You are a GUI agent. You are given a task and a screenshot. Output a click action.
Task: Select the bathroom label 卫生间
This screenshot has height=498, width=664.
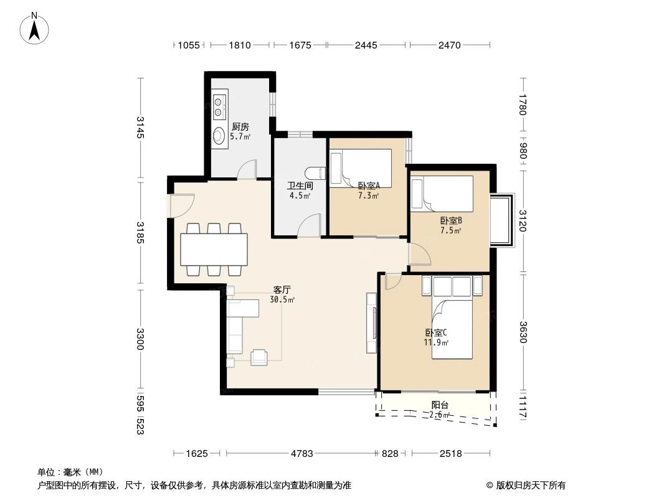tap(299, 186)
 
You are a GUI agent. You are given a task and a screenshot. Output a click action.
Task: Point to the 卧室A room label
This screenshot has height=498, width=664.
tap(369, 185)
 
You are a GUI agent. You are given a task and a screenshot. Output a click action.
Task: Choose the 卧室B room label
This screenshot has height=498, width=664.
tap(450, 220)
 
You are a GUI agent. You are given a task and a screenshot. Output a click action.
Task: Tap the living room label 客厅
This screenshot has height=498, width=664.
tap(282, 289)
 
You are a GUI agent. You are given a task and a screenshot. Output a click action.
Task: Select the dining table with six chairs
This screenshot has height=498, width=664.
tap(214, 248)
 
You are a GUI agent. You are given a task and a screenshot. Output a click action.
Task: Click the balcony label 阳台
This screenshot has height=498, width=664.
tap(440, 405)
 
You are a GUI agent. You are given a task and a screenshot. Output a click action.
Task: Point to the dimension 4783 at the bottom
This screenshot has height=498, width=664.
tap(302, 454)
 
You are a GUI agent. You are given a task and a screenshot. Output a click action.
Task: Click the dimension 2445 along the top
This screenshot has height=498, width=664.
tap(366, 45)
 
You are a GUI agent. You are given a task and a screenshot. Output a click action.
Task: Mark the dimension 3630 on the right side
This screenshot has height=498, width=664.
tap(523, 332)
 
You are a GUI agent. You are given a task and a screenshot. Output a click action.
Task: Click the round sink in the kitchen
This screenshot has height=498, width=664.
tap(219, 135)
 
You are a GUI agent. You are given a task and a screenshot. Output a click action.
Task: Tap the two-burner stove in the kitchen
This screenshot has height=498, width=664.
tap(219, 106)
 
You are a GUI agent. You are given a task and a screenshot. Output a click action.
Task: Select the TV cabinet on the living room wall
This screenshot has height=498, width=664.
tap(372, 323)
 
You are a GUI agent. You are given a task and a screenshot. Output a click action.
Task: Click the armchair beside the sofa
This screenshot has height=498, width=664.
tap(258, 357)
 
